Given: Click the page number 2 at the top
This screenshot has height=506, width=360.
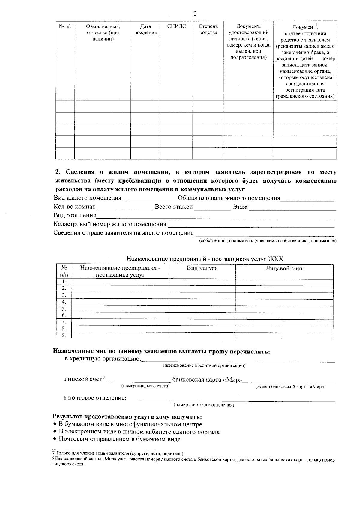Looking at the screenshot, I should tap(195, 13).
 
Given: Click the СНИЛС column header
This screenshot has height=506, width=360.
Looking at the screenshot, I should tap(176, 26).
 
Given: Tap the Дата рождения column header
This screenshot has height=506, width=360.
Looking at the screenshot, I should tap(145, 29).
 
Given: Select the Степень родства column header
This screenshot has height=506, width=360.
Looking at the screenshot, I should tap(208, 29).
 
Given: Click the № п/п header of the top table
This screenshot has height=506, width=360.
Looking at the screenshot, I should tap(65, 26).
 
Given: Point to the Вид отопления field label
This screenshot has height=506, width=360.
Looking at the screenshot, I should tap(75, 215).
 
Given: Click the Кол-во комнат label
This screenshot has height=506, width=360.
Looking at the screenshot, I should tap(74, 207).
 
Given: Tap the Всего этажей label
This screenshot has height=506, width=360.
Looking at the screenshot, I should tap(174, 207).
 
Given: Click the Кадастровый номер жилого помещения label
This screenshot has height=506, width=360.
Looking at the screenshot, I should tap(110, 224).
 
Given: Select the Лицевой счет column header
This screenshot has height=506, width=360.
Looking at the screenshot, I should tap(284, 268).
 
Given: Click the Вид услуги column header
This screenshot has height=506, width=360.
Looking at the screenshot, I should tap(202, 268).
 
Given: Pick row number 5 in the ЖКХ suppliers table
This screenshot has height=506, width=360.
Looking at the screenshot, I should tap(64, 309).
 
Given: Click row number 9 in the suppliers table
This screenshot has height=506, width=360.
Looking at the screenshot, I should tap(64, 335).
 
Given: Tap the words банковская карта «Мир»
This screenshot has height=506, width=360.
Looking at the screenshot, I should tap(207, 380).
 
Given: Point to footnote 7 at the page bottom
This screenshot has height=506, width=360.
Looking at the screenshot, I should tap(118, 453).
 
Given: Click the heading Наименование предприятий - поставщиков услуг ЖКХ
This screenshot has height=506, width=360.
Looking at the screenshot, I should tap(205, 259).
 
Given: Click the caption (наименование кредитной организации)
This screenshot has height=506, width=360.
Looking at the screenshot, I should tap(204, 365).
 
